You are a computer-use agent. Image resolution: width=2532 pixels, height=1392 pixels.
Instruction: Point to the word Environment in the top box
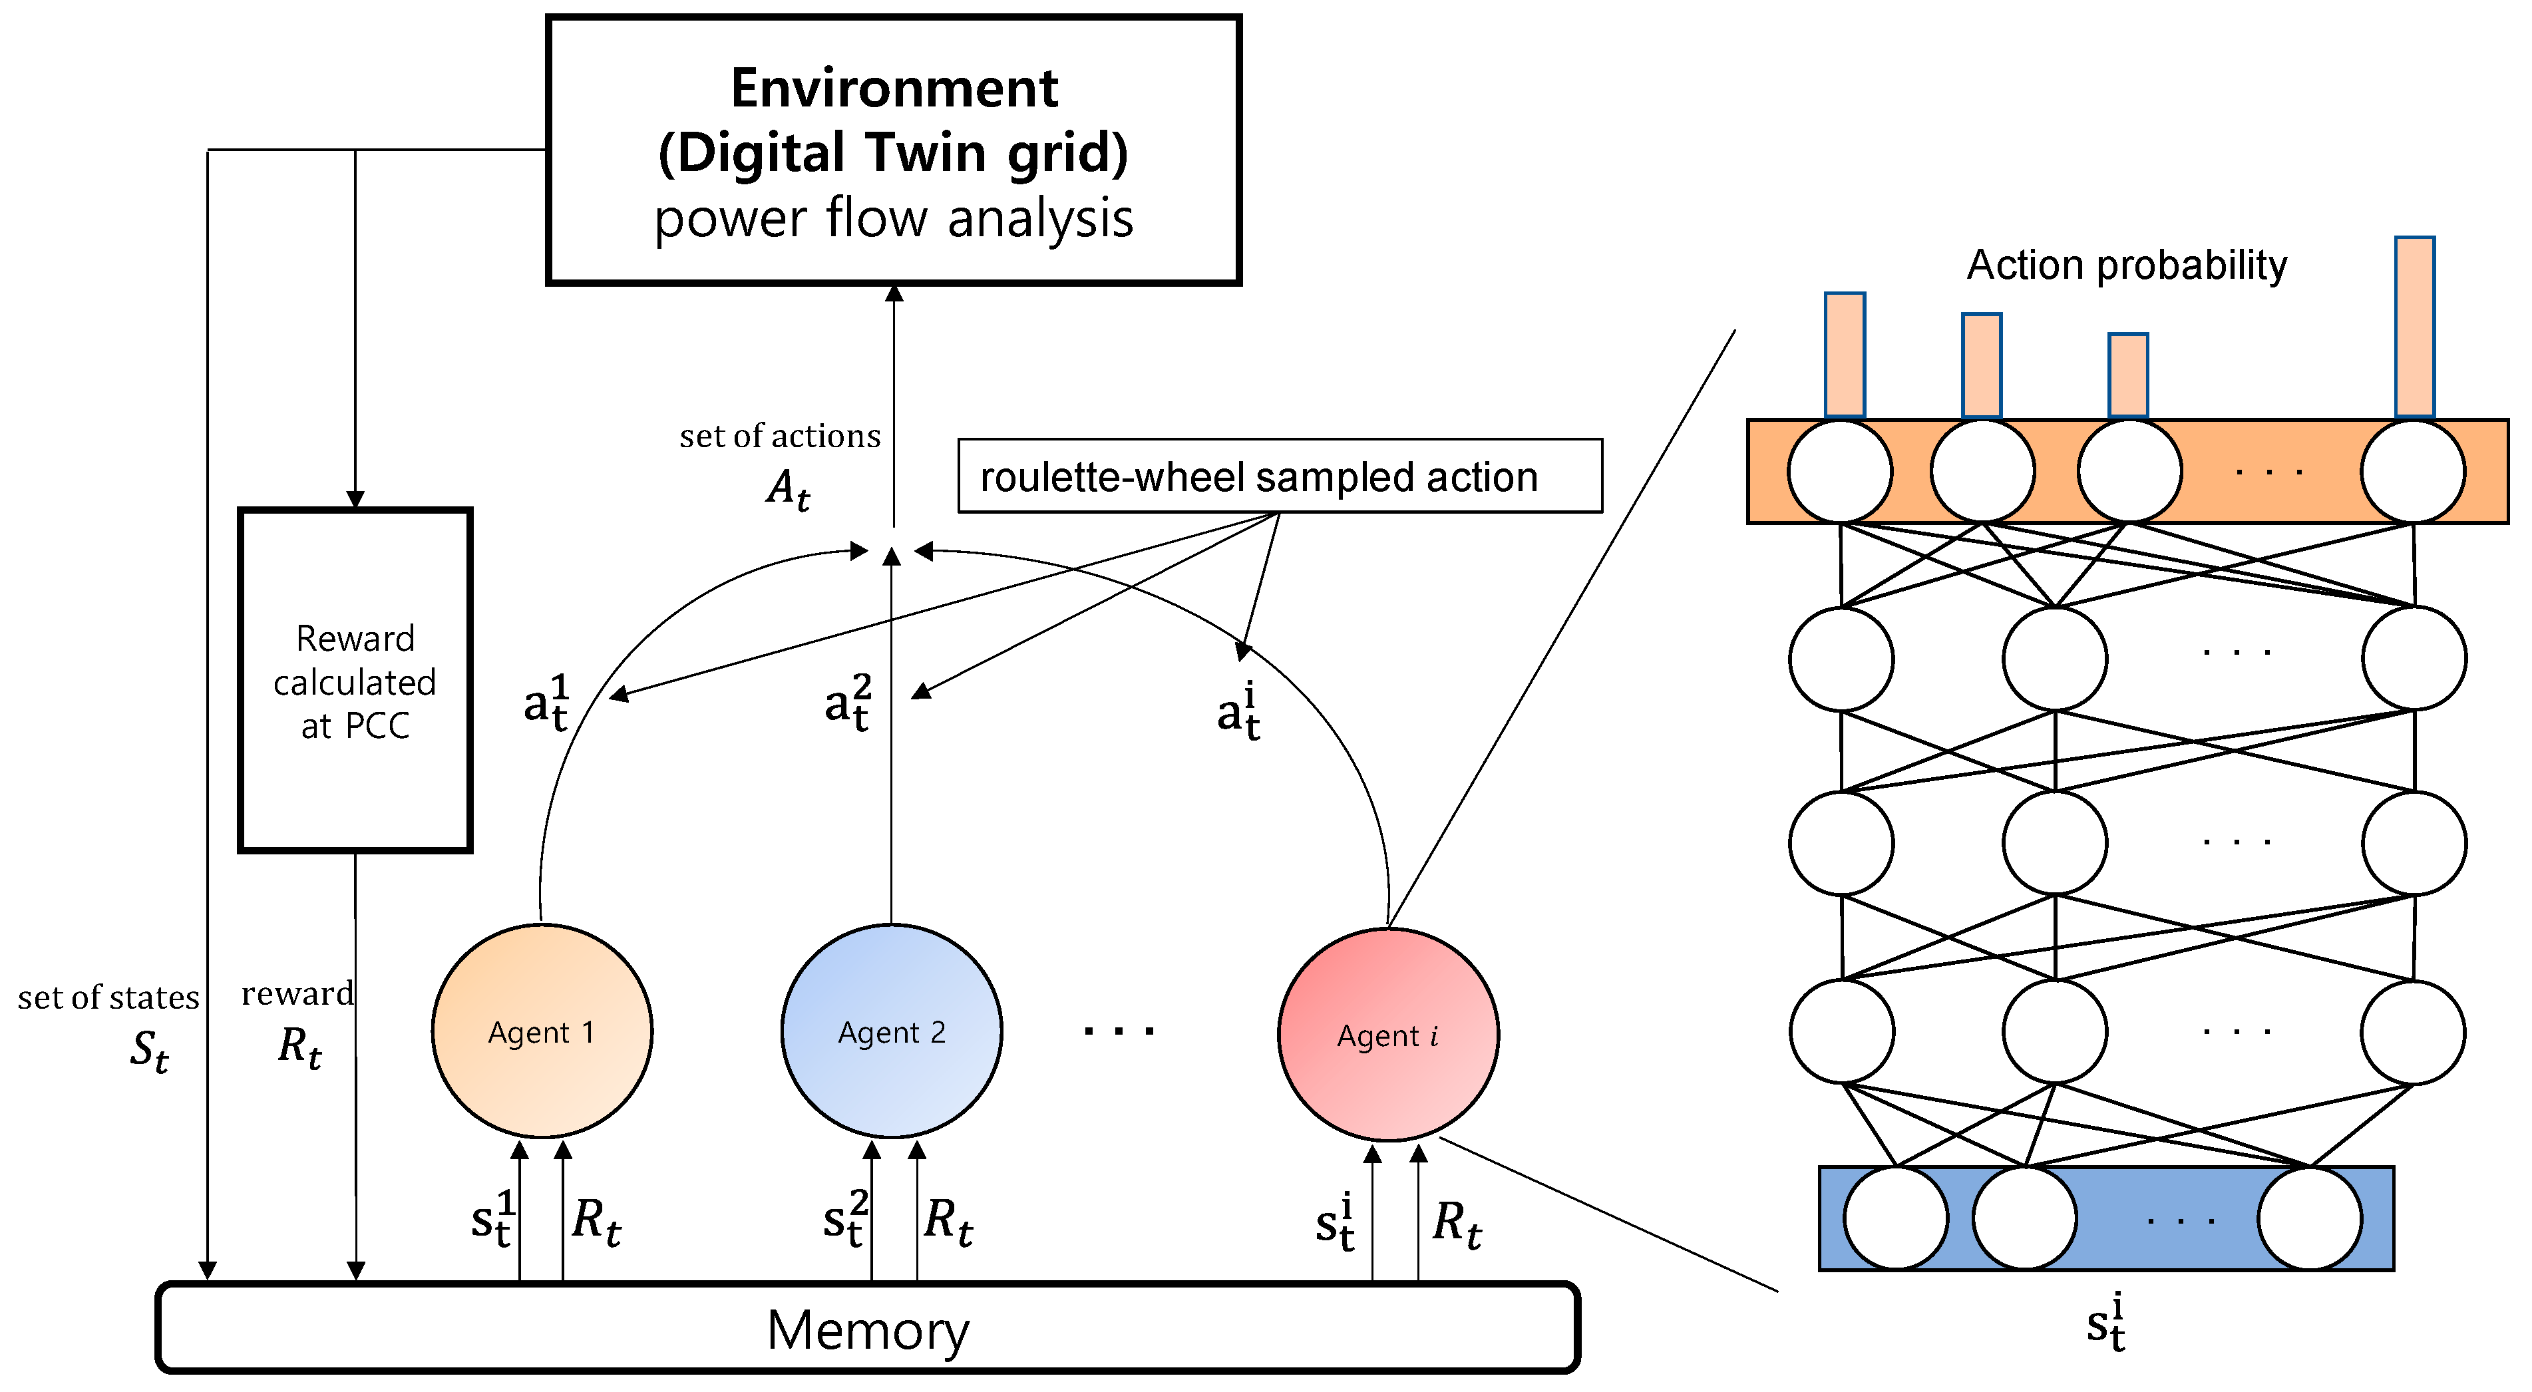pyautogui.click(x=894, y=88)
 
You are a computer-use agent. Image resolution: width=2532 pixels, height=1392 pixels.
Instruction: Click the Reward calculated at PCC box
pyautogui.click(x=355, y=680)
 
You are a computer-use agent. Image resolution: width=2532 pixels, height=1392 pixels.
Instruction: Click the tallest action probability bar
pyautogui.click(x=2414, y=326)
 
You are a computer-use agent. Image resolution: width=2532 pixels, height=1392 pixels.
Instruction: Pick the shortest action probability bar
pyautogui.click(x=2128, y=375)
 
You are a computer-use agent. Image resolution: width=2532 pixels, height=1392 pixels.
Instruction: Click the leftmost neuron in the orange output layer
pyautogui.click(x=1840, y=472)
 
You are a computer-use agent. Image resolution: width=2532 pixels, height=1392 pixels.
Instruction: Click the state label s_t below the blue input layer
pyautogui.click(x=2105, y=1323)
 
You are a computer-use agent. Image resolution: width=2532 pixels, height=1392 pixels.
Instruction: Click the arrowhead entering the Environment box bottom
pyautogui.click(x=894, y=293)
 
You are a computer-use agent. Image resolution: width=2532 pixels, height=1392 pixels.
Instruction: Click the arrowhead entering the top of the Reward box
pyautogui.click(x=355, y=500)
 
